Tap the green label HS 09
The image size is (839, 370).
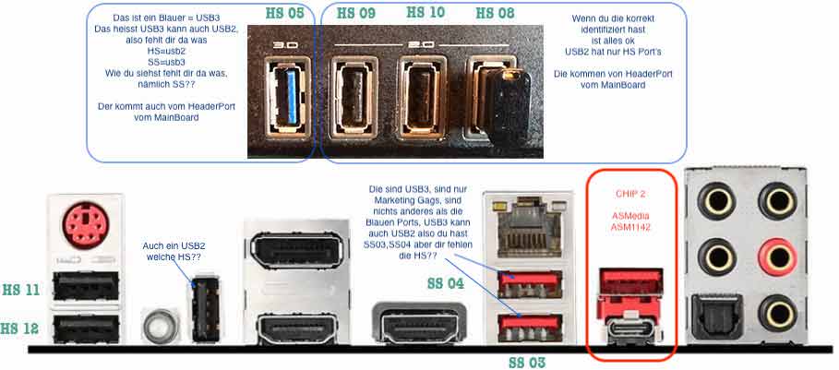coord(356,14)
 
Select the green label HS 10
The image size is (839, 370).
coord(425,12)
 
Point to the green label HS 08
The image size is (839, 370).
coord(495,14)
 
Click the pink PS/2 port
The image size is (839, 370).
coord(86,224)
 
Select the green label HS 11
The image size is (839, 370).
coord(21,291)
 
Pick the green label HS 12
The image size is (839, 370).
coord(20,328)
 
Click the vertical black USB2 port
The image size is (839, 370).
coord(205,310)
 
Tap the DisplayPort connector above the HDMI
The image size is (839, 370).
coord(290,255)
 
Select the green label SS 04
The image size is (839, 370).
coord(446,283)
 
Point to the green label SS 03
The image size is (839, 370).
coord(527,363)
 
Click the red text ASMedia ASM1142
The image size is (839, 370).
coord(631,221)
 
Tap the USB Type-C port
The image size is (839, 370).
coord(630,328)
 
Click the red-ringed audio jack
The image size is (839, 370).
coord(779,257)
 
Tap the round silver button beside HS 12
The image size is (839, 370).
coord(160,326)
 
